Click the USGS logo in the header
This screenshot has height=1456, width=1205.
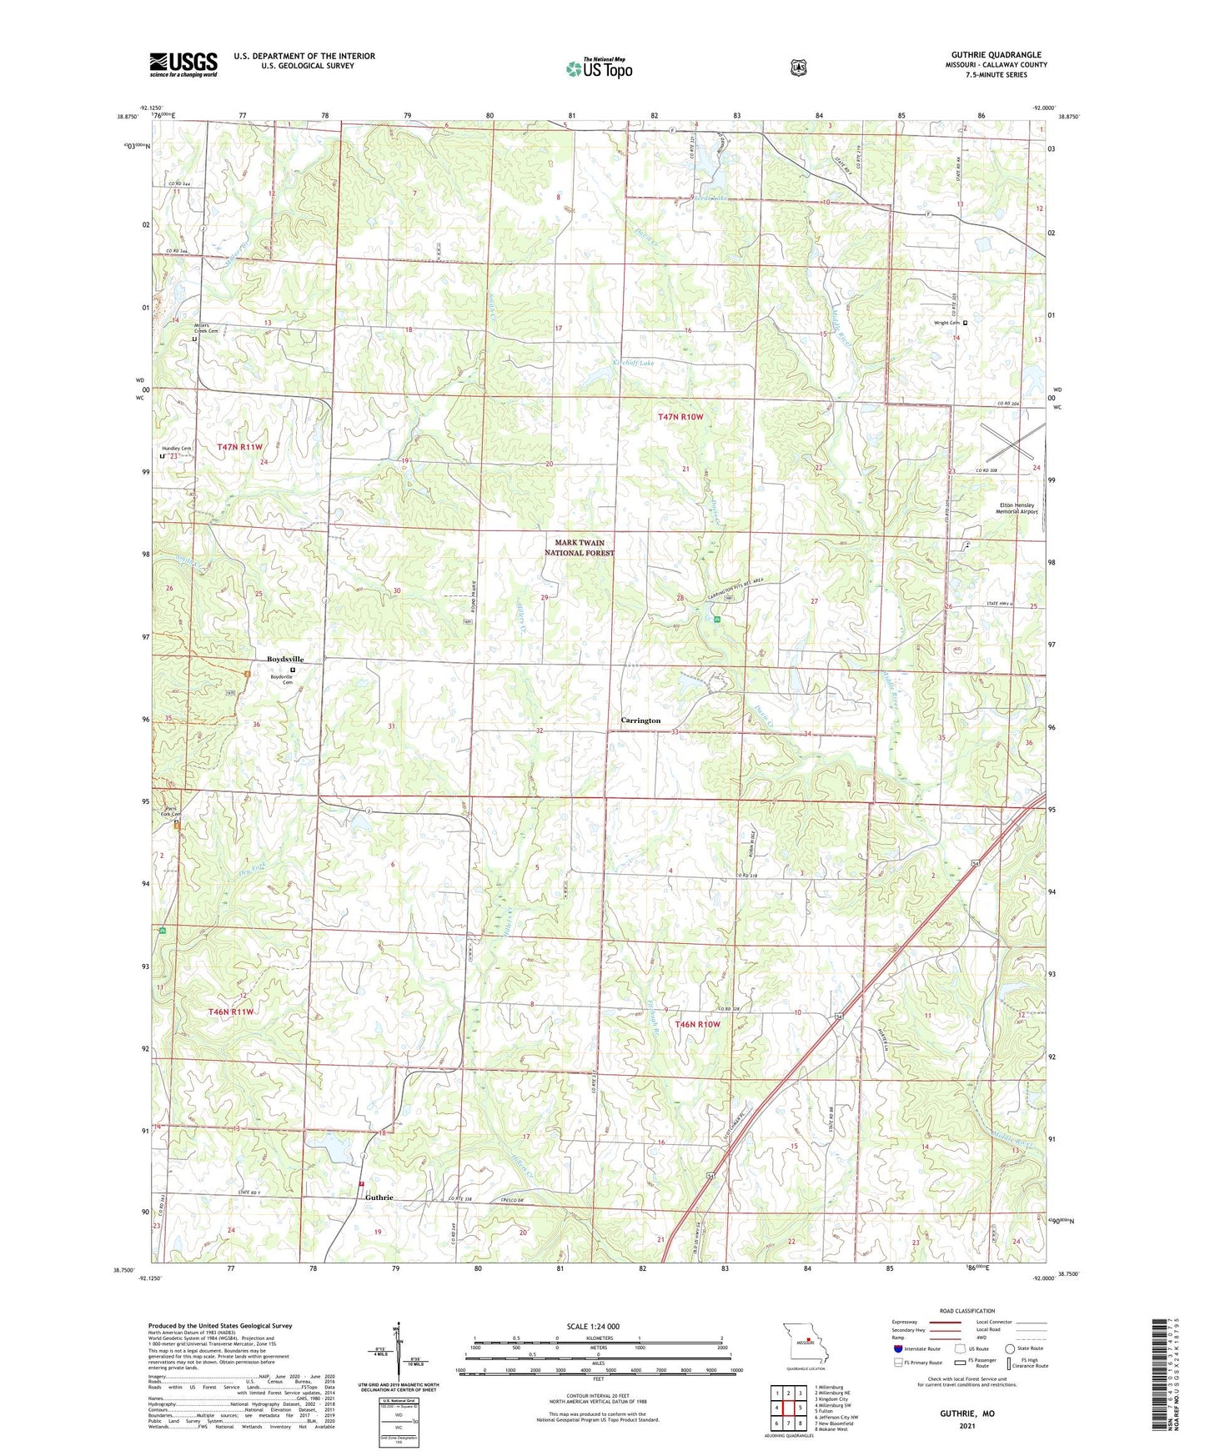183,64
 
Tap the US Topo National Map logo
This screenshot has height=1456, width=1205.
598,68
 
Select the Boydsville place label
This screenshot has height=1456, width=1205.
285,659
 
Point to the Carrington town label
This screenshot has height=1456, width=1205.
640,720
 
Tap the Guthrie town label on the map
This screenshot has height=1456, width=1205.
379,1197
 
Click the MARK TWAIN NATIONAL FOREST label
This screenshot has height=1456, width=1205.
580,548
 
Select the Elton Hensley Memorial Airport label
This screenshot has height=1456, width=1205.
1017,508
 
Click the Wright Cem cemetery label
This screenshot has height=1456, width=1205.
946,323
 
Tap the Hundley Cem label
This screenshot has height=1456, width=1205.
176,449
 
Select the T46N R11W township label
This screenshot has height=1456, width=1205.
230,1012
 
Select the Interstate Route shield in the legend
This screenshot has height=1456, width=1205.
897,1348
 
